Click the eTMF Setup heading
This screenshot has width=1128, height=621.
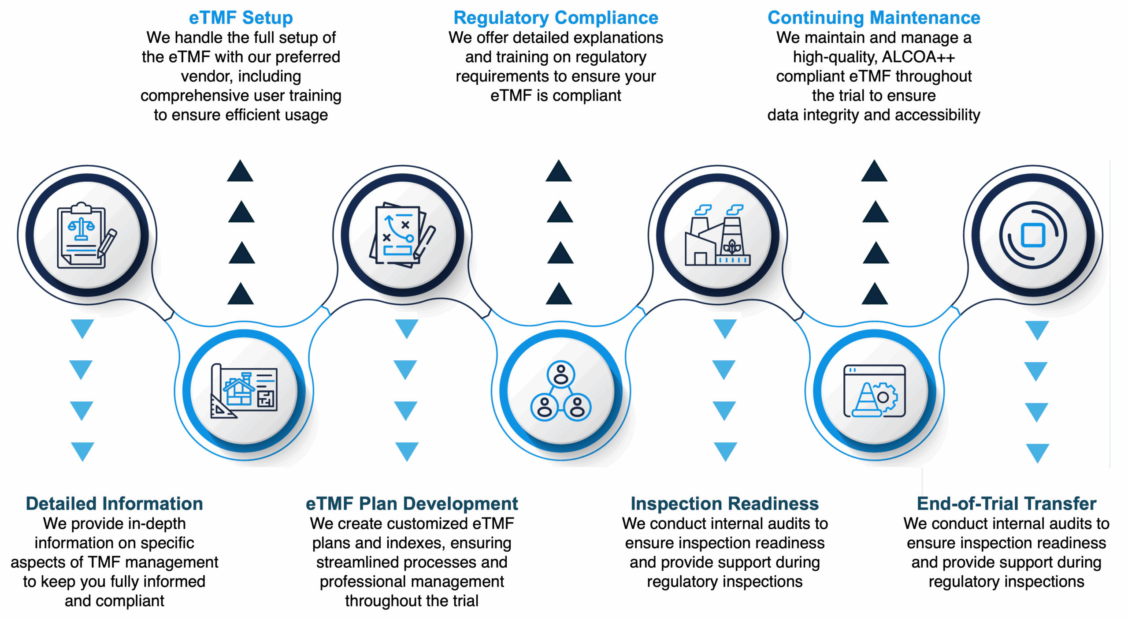point(241,18)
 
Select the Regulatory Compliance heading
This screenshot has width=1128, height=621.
point(556,18)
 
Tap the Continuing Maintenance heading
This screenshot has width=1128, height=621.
point(874,18)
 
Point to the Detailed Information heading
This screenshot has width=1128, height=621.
point(115,504)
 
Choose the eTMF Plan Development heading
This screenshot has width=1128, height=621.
point(412,504)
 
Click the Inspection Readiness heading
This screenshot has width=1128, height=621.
point(724,504)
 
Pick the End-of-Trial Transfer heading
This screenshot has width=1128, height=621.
point(1006,504)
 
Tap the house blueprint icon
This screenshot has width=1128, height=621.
point(244,391)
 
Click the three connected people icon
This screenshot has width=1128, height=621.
point(561,391)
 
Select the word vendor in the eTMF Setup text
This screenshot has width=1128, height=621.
point(201,76)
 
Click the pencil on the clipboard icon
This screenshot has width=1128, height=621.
point(108,242)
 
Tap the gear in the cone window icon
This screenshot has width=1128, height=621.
point(885,397)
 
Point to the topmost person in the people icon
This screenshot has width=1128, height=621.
point(561,374)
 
